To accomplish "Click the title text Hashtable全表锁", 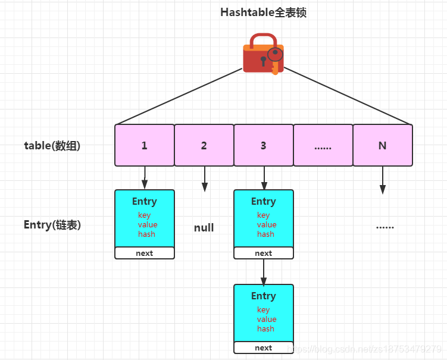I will click(263, 12).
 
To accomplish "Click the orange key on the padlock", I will click(274, 60).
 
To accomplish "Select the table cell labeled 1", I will click(144, 145).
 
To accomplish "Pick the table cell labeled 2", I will click(204, 145).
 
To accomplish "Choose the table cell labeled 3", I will click(263, 145).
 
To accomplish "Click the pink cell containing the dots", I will click(323, 145).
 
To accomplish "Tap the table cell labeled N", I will click(382, 145).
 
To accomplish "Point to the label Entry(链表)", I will click(52, 225).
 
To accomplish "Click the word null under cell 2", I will click(204, 228).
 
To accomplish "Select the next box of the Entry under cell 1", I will click(144, 253).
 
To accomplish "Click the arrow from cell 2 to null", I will click(204, 179).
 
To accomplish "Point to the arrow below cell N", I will click(383, 180).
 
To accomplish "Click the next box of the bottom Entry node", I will click(263, 348).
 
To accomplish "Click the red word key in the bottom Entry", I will click(263, 310).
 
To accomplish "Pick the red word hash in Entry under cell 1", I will click(146, 234).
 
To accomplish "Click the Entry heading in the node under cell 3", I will click(263, 202).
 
